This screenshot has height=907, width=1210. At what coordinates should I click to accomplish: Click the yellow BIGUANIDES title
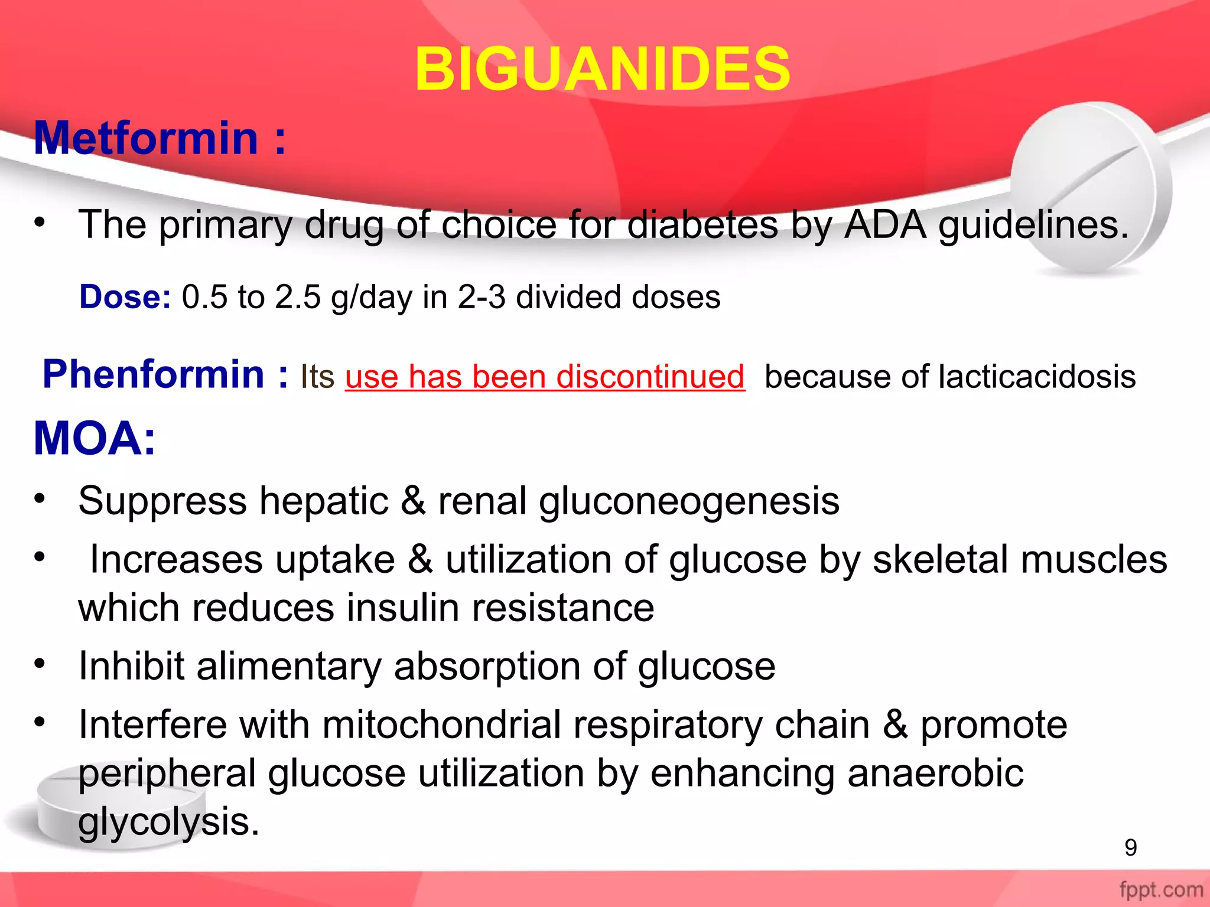tap(603, 70)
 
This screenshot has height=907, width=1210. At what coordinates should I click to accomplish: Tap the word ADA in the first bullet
tap(886, 225)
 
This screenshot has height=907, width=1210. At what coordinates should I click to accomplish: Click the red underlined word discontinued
tap(649, 377)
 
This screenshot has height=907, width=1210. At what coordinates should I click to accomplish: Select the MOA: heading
tap(95, 439)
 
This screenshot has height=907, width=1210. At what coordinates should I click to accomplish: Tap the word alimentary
tap(289, 666)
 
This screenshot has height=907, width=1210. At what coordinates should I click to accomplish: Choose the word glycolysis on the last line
tap(169, 821)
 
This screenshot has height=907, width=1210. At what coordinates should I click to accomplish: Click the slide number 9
tap(1130, 847)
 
